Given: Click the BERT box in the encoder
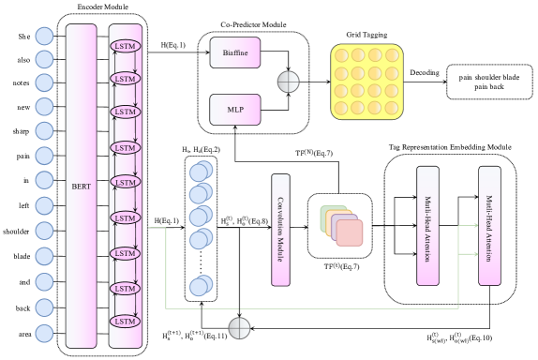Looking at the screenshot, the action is (82, 186).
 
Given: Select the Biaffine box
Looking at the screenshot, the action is (235, 52).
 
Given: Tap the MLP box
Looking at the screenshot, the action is (235, 110).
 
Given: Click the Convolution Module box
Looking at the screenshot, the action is (280, 230).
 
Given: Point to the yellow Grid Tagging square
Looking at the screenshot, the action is (366, 82).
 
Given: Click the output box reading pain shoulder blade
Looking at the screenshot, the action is (489, 82).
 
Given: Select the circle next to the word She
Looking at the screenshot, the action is (45, 36).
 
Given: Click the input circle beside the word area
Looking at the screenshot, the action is (45, 333).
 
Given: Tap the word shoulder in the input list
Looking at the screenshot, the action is (16, 232).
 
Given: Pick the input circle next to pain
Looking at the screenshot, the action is (45, 156).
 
